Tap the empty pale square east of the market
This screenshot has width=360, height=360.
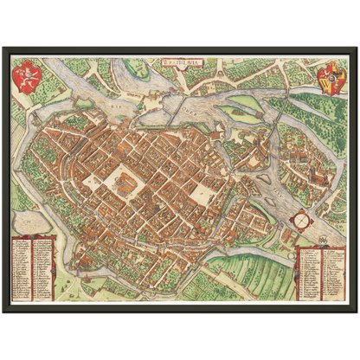pos(201,192)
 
